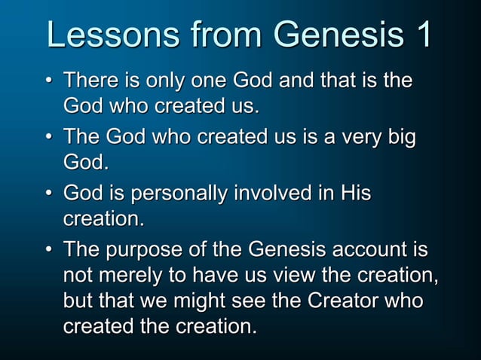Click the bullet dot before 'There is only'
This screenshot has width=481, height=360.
tap(49, 81)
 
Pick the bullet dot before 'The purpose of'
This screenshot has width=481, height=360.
tap(49, 252)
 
